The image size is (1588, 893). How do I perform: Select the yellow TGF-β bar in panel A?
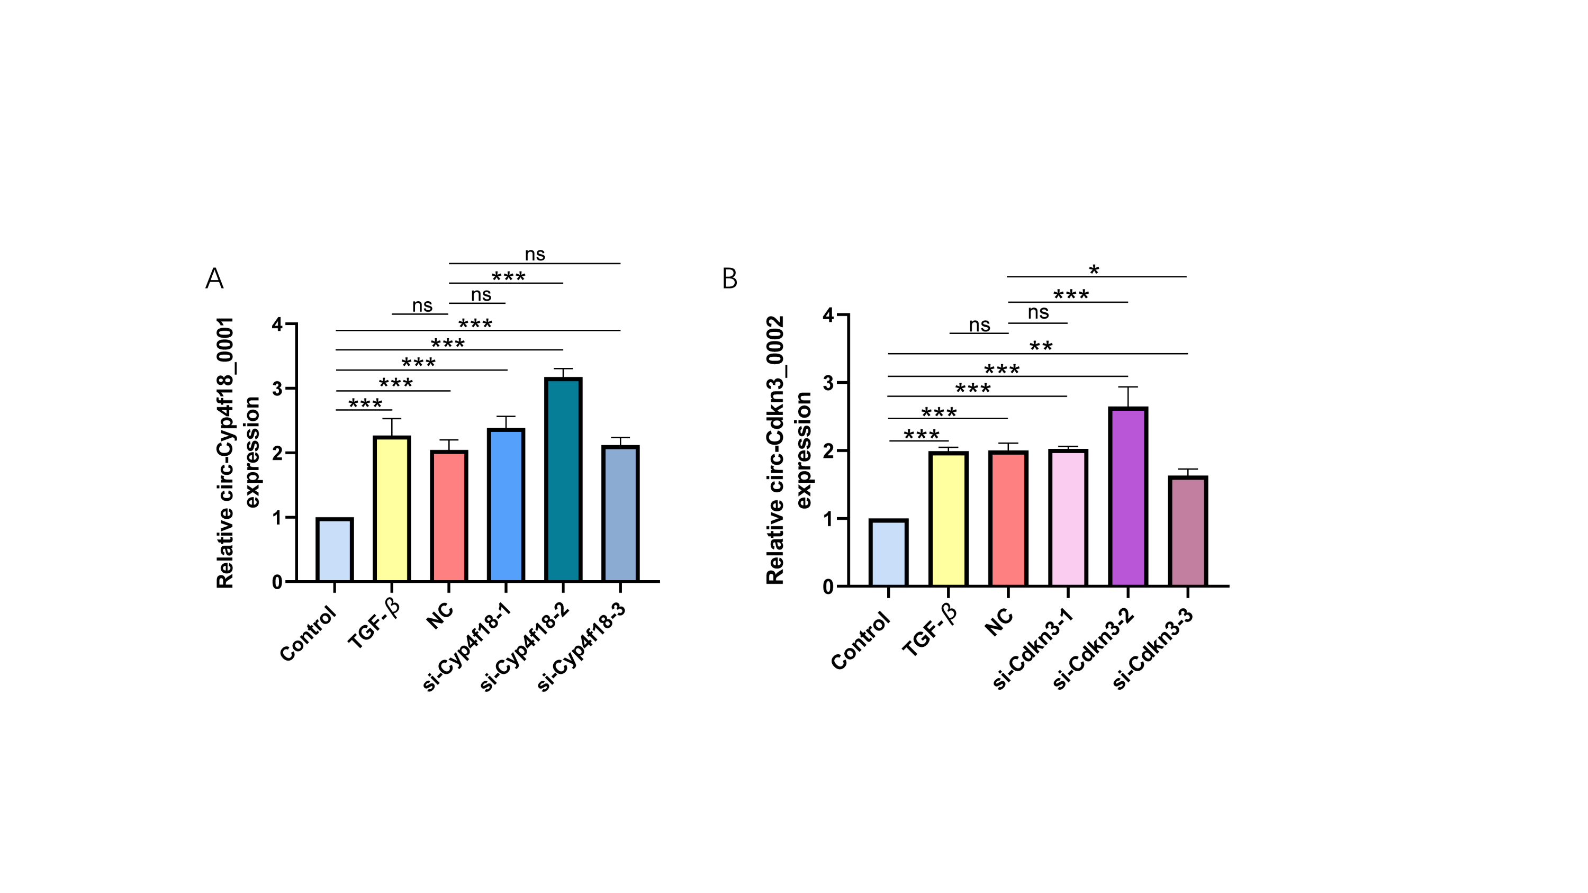392,509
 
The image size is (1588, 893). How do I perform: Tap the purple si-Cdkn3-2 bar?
1127,497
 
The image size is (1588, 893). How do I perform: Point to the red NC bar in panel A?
449,516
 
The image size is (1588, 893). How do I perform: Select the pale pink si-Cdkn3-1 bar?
1068,518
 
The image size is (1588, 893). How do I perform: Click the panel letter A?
214,278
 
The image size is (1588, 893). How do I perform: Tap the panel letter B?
729,278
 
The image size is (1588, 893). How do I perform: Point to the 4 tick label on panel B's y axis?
828,315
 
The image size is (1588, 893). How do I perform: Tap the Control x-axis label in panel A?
308,633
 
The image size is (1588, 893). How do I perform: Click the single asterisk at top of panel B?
1094,270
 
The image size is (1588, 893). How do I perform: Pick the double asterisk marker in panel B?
1041,346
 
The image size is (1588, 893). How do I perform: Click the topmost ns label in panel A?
535,254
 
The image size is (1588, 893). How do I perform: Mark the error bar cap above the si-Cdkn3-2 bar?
1127,387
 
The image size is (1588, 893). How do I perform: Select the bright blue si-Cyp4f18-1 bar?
506,506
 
